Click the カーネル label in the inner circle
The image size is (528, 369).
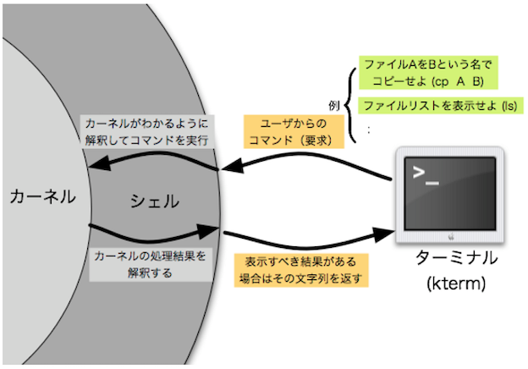[41, 197]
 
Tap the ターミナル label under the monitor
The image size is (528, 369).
[456, 258]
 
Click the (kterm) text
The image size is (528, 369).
[456, 284]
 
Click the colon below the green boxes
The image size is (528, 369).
[369, 129]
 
